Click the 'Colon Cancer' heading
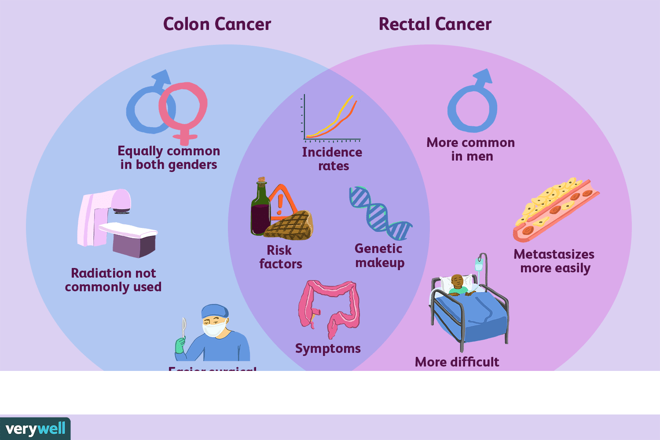tap(217, 24)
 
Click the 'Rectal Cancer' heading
tap(435, 24)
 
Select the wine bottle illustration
tap(260, 209)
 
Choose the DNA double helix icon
tap(379, 213)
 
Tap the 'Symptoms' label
tap(328, 348)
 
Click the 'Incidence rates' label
tap(332, 159)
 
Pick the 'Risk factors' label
tap(280, 257)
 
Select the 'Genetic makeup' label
tap(379, 256)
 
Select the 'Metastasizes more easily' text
tap(554, 261)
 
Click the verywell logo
tap(35, 429)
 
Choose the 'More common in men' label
tap(471, 149)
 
